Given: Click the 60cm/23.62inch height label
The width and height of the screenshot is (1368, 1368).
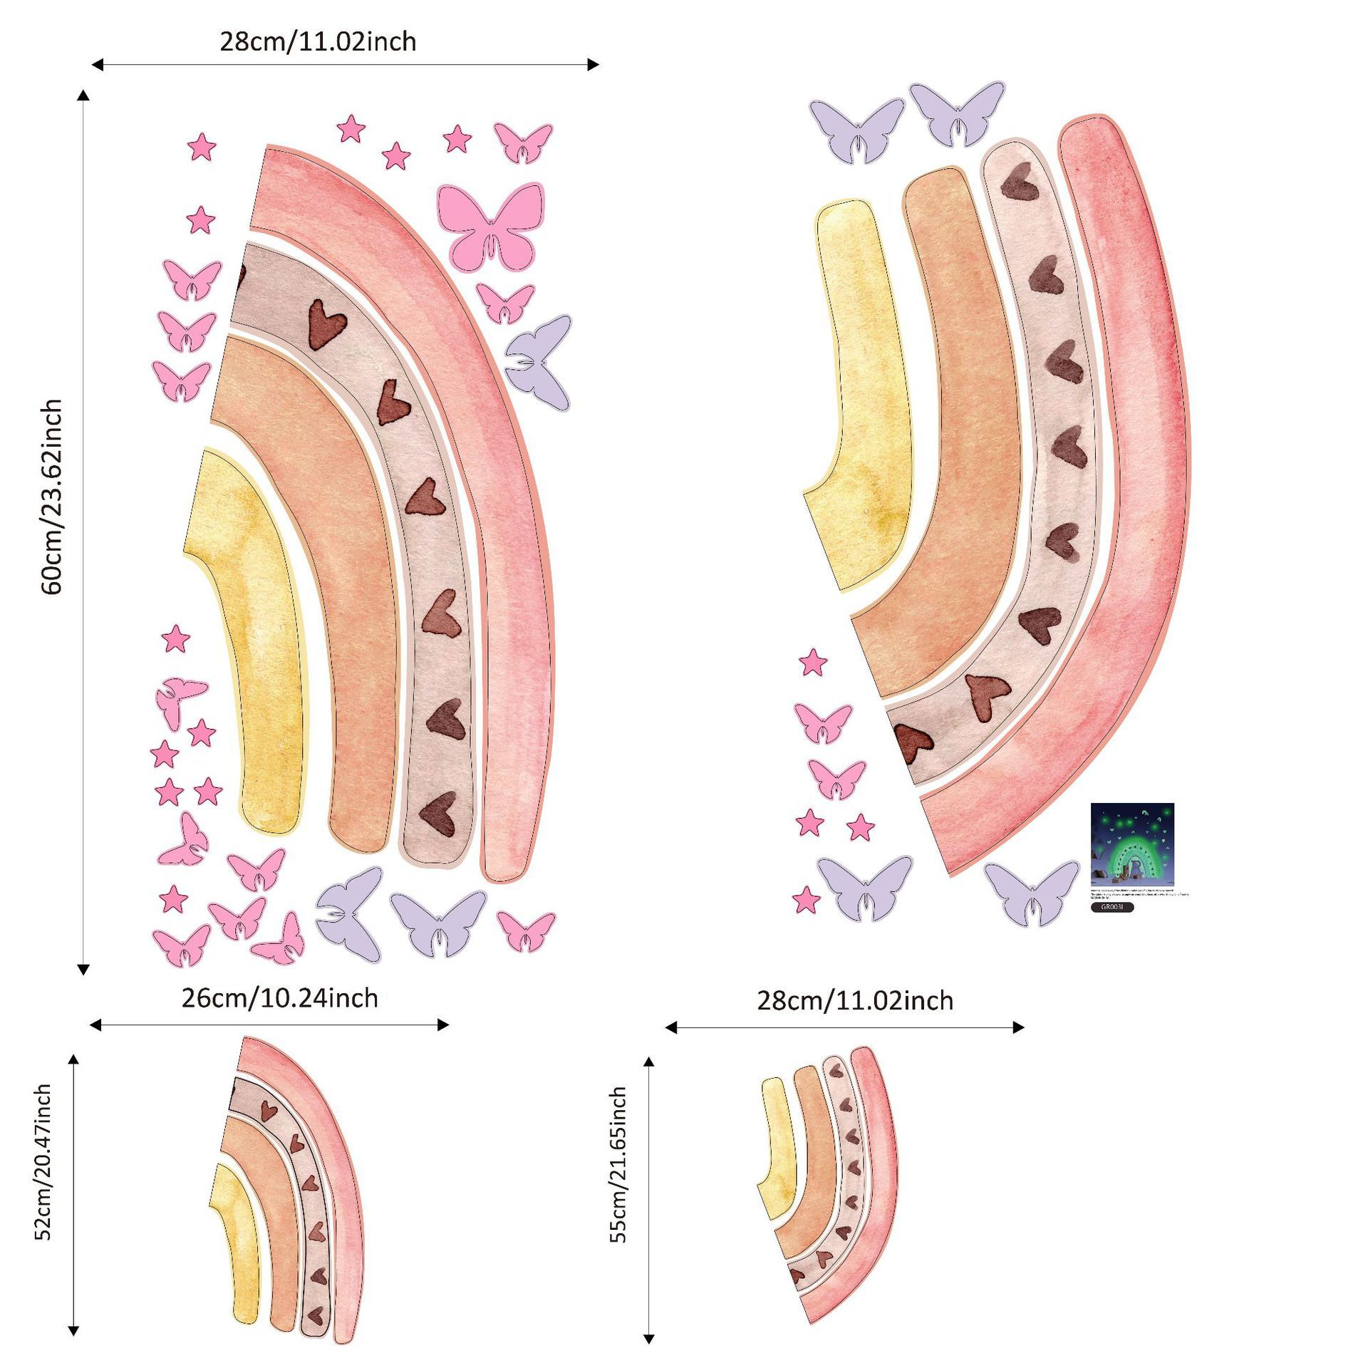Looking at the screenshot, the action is coord(52,497).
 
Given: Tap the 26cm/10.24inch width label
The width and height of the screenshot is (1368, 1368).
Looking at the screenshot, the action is coord(279,998).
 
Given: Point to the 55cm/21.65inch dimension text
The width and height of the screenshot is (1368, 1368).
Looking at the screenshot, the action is coord(618,1165).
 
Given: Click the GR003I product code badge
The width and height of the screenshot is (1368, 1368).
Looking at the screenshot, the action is coord(1111,907).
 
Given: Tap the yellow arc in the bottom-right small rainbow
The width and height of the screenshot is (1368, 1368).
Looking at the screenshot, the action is coord(777,1147).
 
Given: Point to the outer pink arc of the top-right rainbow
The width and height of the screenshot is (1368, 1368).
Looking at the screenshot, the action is coord(1140,499).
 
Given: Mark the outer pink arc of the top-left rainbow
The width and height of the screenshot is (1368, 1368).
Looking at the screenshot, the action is coord(499,499).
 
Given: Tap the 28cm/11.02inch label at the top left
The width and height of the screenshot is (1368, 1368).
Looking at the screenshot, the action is coord(318,41).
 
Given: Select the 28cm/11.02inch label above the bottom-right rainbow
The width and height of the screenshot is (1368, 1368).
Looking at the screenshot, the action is coord(854,1000).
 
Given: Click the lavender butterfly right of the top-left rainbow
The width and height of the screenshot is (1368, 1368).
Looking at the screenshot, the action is coord(539,363).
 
